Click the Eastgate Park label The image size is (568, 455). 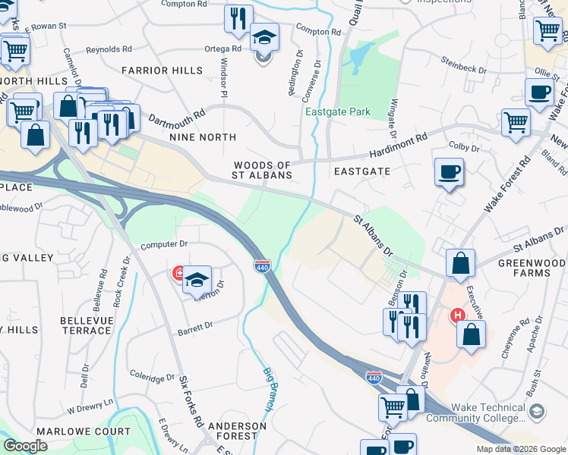coord(338,112)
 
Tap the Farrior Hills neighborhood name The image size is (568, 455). coord(162,71)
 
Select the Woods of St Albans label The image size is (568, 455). coord(263,170)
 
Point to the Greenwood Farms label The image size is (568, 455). coord(532,269)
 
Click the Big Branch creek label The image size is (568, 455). coord(268,389)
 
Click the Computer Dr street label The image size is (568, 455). coord(164,244)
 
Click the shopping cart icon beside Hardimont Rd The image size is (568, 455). coord(516,122)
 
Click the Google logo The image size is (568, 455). coord(26,446)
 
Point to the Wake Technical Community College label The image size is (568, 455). coord(476,413)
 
